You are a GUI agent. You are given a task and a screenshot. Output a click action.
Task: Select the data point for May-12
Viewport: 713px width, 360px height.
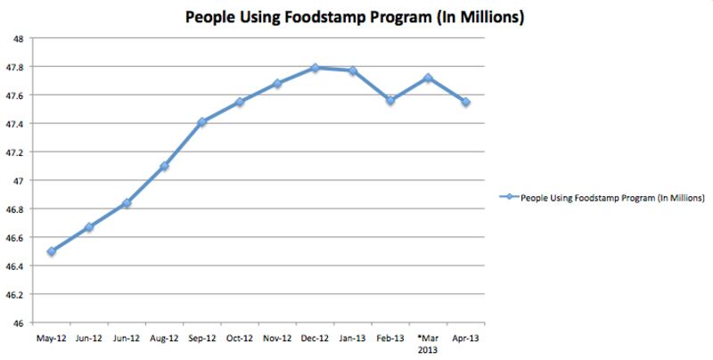point(52,251)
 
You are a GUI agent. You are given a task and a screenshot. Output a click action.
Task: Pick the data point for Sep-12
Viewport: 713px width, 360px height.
point(202,122)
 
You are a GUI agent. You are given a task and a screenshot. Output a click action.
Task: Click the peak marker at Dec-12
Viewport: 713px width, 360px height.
point(316,68)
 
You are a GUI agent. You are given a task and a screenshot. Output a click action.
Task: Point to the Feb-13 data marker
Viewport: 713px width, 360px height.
point(390,100)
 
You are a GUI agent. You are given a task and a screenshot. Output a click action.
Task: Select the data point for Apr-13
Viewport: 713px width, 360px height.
point(465,102)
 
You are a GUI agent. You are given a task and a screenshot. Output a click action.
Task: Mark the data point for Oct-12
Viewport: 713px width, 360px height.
point(240,102)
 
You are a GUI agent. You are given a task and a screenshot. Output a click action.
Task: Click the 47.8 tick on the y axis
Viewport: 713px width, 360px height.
point(18,67)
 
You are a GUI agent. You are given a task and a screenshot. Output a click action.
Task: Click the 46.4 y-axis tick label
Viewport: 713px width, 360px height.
point(18,266)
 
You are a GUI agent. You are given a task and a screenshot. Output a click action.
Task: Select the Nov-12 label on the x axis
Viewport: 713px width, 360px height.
point(277,340)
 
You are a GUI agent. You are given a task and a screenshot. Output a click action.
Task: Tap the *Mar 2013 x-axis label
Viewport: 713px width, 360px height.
point(428,345)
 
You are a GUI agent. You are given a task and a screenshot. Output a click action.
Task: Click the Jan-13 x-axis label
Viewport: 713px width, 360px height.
point(353,340)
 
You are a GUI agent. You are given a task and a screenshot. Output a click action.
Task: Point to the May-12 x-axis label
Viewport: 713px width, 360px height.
point(52,340)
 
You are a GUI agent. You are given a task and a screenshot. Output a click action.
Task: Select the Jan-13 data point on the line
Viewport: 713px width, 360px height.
point(353,70)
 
